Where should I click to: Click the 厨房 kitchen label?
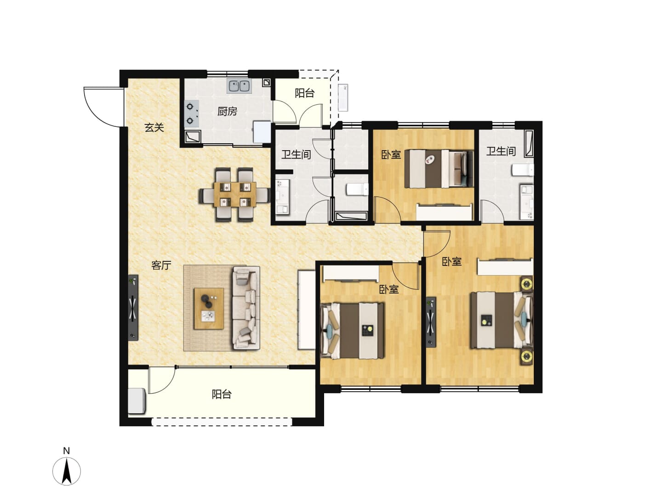(x=227, y=112)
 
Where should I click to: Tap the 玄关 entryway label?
(x=154, y=128)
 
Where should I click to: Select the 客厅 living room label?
(x=161, y=265)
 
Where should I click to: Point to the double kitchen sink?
(x=239, y=86)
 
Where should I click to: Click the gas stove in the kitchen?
(x=192, y=113)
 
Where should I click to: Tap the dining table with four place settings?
(x=234, y=194)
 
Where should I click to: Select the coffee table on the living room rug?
(x=209, y=308)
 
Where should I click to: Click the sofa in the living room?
(x=246, y=309)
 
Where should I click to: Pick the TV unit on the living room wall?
(x=133, y=308)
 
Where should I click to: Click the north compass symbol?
(x=67, y=471)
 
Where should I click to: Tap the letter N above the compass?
(x=66, y=451)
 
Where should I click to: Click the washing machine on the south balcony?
(x=137, y=401)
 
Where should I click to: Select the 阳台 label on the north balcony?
(x=305, y=93)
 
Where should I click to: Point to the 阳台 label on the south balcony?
(x=222, y=394)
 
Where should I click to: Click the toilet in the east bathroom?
(x=522, y=170)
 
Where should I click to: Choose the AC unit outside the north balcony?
(x=343, y=97)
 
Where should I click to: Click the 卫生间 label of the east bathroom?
(x=501, y=151)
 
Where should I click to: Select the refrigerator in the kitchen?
(x=262, y=132)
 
